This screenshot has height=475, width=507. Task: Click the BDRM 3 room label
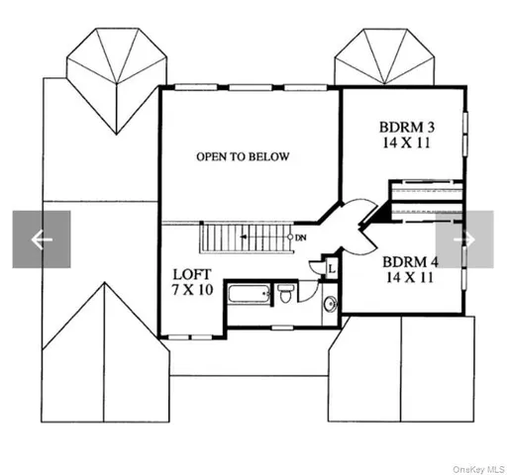coord(407,128)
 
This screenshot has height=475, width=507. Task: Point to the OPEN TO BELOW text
coord(243,156)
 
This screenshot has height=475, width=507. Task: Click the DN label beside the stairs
coord(299,237)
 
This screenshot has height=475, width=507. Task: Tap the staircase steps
coord(242,237)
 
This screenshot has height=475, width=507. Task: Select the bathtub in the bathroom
coord(249,294)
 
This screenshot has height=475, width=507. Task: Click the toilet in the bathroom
coord(285,294)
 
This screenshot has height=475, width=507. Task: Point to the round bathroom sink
coord(330,304)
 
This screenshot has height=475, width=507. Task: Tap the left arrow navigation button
coord(41,239)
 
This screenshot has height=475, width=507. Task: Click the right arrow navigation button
coord(464,239)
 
